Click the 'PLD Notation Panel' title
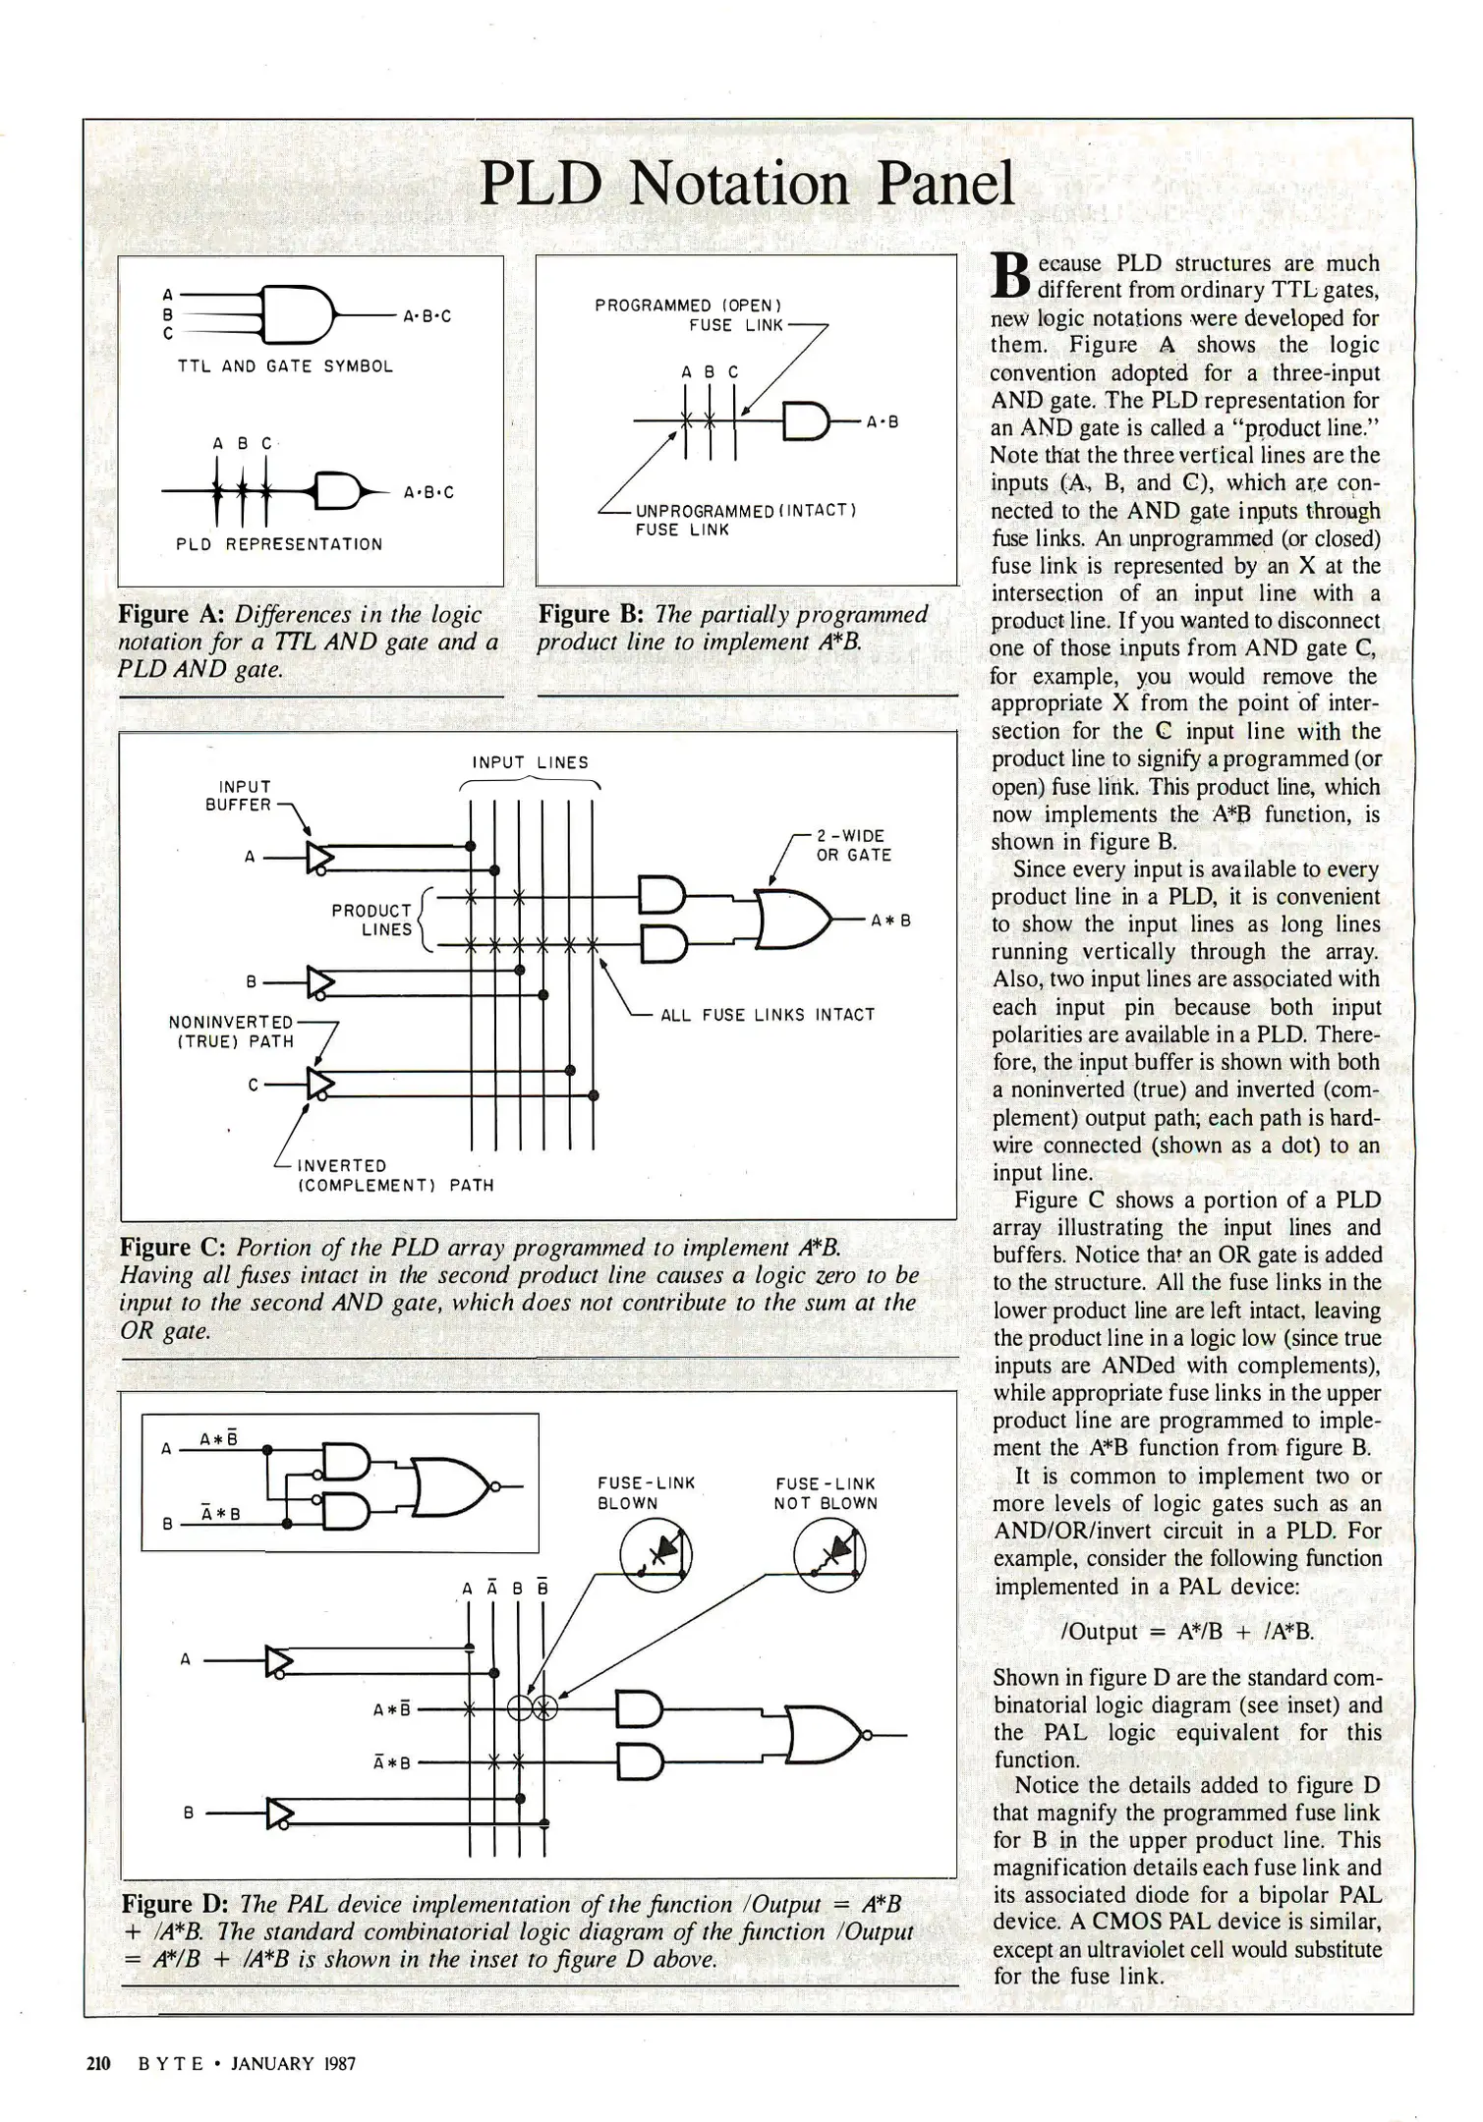(x=747, y=184)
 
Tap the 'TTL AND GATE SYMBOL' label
(x=285, y=366)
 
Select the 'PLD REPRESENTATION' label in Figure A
(x=279, y=544)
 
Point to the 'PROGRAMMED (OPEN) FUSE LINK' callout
(x=688, y=315)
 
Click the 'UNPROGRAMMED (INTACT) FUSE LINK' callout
(x=746, y=521)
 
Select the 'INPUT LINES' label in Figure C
(x=530, y=762)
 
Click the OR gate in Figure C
(x=794, y=920)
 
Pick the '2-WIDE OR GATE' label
(x=853, y=846)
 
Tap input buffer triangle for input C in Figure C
(x=320, y=1084)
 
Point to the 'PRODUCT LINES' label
(x=372, y=920)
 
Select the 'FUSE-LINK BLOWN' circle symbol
(x=656, y=1555)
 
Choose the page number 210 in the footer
(x=99, y=2063)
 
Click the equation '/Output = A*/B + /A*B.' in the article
(x=1187, y=1632)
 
